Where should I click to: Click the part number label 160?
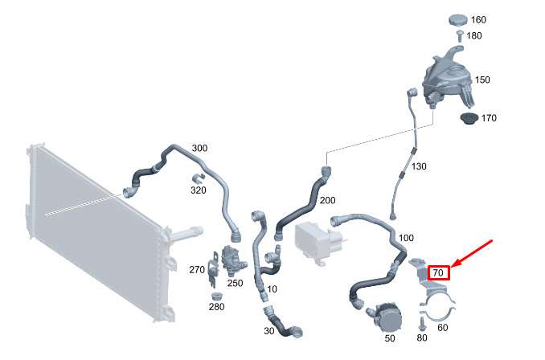[478, 20]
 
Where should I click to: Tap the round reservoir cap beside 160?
[458, 19]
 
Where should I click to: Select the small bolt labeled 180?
[460, 36]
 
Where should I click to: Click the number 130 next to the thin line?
[419, 166]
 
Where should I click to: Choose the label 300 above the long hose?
[199, 148]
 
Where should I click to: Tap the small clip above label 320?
[198, 178]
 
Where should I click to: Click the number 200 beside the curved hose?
[327, 200]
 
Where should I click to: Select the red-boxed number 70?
[438, 272]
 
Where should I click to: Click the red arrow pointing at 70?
[472, 253]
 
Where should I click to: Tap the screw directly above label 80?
[422, 324]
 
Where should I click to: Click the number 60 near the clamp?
[442, 328]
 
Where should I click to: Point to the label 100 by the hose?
[406, 238]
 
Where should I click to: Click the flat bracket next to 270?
[213, 269]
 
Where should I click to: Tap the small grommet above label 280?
[217, 297]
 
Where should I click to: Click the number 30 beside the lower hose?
[268, 331]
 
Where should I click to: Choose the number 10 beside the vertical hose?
[272, 289]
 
